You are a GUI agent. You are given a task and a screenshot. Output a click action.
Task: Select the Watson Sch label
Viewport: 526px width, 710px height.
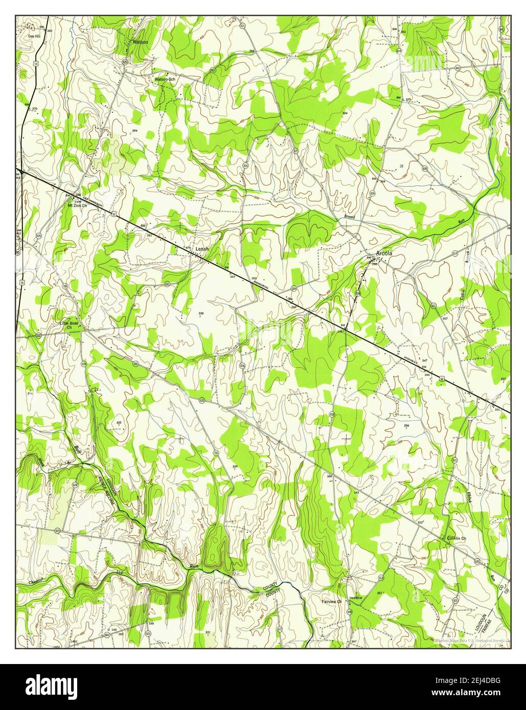(x=165, y=80)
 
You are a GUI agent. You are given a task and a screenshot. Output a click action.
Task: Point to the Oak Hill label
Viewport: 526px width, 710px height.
(x=34, y=37)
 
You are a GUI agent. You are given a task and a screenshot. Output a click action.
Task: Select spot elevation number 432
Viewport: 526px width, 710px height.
(x=119, y=423)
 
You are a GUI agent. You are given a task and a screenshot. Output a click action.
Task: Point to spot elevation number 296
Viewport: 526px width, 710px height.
(x=407, y=425)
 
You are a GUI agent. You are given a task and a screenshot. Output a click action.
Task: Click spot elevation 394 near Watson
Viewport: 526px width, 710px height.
(x=135, y=131)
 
